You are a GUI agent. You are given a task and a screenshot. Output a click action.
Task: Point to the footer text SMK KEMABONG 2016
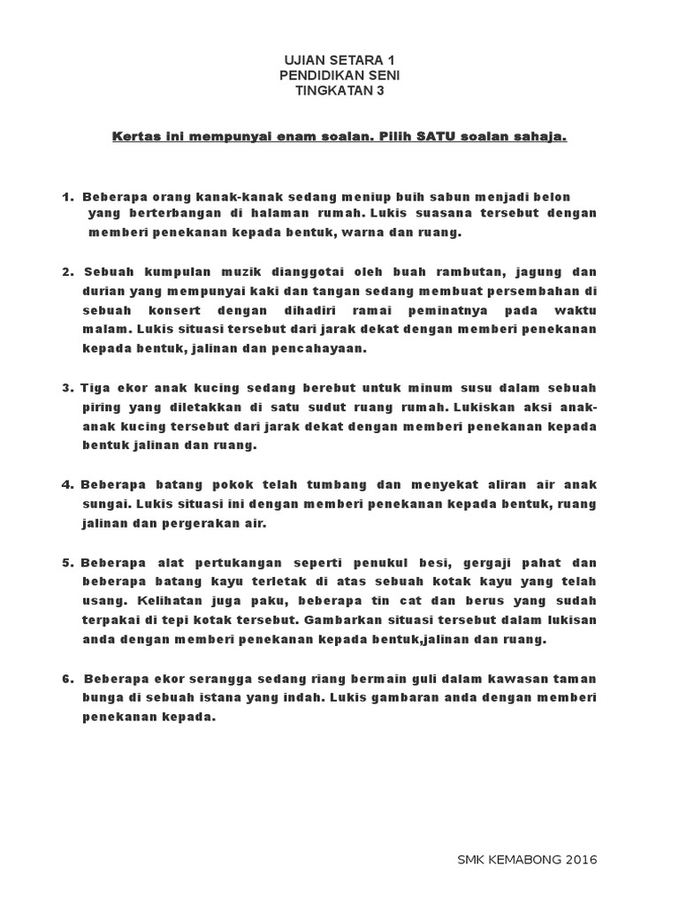tap(528, 859)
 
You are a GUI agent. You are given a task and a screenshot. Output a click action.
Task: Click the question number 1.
tap(66, 195)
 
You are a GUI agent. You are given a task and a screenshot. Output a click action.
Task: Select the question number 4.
tap(66, 485)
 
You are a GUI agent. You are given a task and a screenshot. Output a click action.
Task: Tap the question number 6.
tap(66, 680)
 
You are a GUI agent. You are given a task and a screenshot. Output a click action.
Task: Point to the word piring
tap(102, 407)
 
